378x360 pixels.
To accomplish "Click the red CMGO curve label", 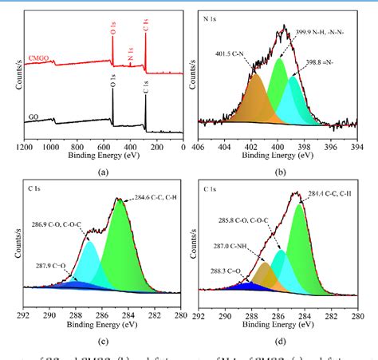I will point(39,57).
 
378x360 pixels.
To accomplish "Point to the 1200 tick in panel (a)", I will point(26,148).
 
